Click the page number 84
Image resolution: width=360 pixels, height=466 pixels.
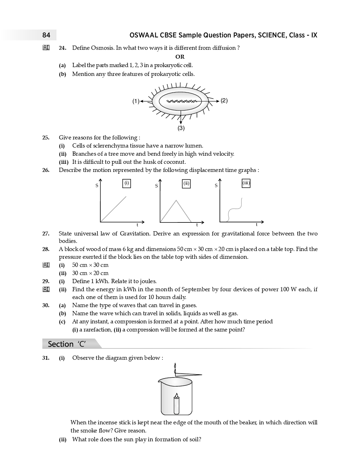[46, 35]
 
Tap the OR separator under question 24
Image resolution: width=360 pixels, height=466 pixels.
[180, 56]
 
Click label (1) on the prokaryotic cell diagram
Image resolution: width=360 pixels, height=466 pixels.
[136, 101]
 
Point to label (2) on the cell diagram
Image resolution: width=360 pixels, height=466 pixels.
[224, 101]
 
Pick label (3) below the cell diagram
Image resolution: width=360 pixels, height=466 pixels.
[181, 128]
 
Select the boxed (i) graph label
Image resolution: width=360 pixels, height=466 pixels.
[126, 183]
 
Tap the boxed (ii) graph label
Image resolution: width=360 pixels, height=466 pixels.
[186, 183]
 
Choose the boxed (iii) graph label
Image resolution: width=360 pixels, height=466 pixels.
[246, 183]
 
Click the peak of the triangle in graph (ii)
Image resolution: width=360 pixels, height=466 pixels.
[176, 201]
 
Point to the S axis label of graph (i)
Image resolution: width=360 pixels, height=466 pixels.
[97, 186]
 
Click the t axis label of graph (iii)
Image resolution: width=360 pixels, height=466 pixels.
[257, 225]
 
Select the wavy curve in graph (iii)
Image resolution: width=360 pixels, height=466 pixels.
[235, 210]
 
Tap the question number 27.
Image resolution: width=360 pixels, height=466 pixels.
[46, 234]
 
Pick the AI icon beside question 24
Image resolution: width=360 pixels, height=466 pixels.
[46, 48]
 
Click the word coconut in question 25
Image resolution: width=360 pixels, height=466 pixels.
[175, 162]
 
